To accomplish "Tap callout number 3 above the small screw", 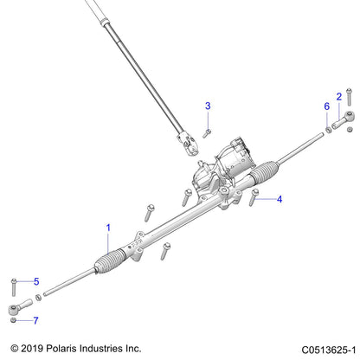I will click(207, 106).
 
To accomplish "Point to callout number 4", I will click(280, 199).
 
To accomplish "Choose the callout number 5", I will click(36, 281).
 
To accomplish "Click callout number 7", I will click(36, 321).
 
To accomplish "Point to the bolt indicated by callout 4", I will click(254, 198).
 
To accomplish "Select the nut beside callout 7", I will click(13, 320).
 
